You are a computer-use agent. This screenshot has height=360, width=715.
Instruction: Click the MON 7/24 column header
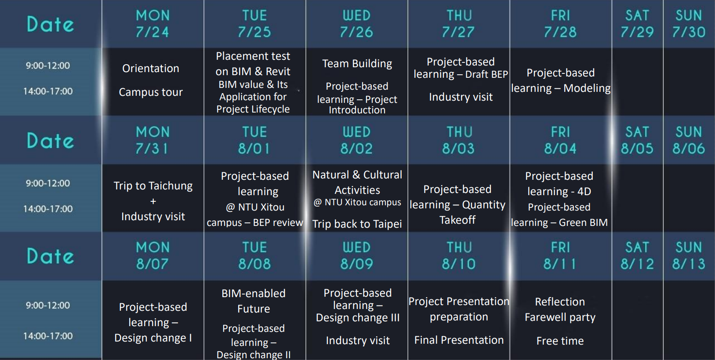[152, 24]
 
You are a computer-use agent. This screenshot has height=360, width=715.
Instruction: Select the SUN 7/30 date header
[689, 24]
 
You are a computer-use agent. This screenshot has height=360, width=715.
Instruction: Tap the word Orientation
[151, 68]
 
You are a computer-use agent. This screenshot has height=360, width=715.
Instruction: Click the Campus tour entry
[151, 92]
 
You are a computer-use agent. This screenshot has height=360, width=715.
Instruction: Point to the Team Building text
[357, 63]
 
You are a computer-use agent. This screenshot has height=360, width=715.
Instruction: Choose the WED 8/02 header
[356, 140]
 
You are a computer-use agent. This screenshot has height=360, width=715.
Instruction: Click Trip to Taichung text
[153, 186]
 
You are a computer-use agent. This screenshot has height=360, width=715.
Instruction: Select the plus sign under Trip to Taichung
[153, 201]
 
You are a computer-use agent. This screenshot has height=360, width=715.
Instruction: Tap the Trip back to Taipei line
[357, 224]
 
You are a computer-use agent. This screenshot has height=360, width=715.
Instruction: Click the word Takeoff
[457, 220]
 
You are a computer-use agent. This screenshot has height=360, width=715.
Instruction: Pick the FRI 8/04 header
[560, 140]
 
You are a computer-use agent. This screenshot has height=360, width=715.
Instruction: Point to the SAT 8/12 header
[637, 256]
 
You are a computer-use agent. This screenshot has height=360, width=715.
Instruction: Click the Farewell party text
[560, 317]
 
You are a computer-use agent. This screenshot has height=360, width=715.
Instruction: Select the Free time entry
[560, 341]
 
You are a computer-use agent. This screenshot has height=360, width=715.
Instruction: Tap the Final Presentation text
[459, 340]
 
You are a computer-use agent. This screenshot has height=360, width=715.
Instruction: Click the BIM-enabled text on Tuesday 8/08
[254, 293]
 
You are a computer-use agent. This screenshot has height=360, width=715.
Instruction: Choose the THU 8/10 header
[459, 256]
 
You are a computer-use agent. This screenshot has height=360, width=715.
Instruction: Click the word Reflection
[560, 302]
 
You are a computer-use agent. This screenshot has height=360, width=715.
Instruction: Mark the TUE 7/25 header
[254, 24]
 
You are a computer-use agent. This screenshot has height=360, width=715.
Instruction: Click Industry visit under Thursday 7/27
[461, 97]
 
